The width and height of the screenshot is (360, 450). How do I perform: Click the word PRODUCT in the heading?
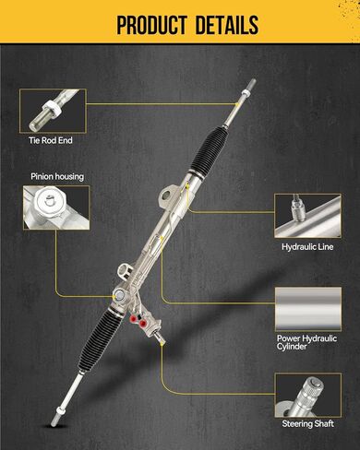click(151, 25)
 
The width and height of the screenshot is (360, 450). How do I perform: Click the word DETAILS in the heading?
click(227, 25)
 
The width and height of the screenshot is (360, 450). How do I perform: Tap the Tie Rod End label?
click(51, 140)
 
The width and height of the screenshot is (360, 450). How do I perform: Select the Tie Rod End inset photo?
click(53, 111)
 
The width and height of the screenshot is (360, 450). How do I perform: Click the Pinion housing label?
click(57, 176)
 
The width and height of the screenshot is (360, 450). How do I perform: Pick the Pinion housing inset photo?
click(56, 207)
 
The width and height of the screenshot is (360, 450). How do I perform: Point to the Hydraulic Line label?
click(307, 247)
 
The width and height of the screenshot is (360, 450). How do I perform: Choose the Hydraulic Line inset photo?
click(307, 216)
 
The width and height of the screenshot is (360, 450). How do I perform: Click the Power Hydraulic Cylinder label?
click(306, 342)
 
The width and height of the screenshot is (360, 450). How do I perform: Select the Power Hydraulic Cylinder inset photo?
click(308, 309)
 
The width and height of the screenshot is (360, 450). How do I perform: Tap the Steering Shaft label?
click(308, 424)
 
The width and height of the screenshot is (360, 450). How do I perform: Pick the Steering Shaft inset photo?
click(308, 396)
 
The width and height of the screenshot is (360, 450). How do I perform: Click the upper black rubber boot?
click(210, 150)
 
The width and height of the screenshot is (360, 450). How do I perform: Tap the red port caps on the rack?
click(138, 321)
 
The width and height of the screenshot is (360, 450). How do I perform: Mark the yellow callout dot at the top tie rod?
click(237, 104)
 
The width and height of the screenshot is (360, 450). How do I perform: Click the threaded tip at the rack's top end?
click(252, 84)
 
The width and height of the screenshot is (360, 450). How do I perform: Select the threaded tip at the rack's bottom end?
click(54, 420)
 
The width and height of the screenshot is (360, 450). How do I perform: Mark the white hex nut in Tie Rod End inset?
click(51, 110)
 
